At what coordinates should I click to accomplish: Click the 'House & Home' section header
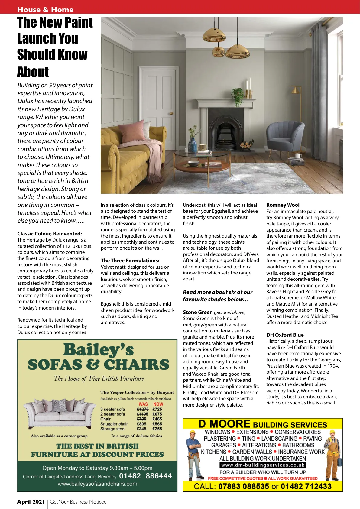(x=45, y=10)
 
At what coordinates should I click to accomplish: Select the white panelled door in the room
(x=159, y=103)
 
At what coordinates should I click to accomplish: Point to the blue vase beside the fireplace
(x=193, y=144)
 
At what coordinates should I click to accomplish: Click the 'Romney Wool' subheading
(x=283, y=205)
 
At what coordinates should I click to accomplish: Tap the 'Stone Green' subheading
(x=198, y=312)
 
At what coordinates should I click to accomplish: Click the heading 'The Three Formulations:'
(x=130, y=261)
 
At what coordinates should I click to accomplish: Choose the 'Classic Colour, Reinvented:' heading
(x=50, y=234)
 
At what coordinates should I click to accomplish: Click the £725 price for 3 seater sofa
(x=157, y=409)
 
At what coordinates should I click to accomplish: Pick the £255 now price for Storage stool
(x=157, y=429)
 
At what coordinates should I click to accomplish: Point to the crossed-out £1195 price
(x=142, y=414)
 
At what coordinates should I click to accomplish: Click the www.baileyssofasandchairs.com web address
(x=97, y=484)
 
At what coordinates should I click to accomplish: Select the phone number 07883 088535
(x=244, y=486)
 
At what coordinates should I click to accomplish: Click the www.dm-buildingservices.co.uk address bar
(x=263, y=465)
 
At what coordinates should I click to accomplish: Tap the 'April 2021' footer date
(x=31, y=502)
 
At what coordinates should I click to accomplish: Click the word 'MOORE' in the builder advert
(x=230, y=424)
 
